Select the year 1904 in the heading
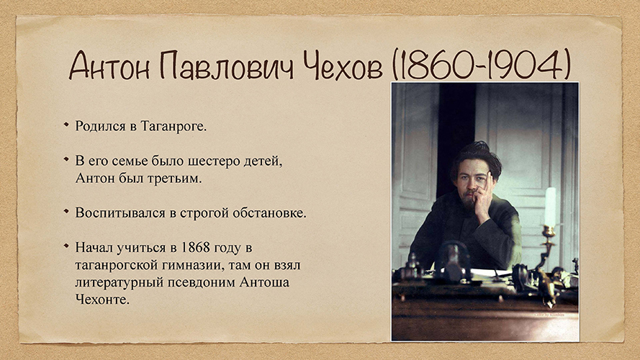(526, 66)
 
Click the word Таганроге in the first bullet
(173, 126)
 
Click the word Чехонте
(102, 300)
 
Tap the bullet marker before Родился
(66, 124)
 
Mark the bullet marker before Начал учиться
(66, 246)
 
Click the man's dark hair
(477, 157)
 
